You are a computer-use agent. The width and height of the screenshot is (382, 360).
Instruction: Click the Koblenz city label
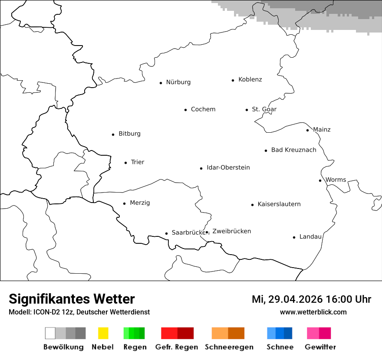click(250, 79)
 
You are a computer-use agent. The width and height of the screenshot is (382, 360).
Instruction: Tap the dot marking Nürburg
click(161, 83)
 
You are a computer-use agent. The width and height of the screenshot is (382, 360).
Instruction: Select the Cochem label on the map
click(203, 109)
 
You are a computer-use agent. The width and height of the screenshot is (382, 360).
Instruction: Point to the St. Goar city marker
click(247, 110)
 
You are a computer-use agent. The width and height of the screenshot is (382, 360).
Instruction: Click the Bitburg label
click(129, 134)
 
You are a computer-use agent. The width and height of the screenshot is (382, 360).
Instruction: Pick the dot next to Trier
click(125, 163)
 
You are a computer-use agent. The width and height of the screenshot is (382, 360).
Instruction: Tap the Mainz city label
click(322, 130)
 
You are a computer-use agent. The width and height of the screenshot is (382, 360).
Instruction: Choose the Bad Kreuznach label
click(293, 150)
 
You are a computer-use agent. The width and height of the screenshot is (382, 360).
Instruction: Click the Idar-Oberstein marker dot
click(201, 168)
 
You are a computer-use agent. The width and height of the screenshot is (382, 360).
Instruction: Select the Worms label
click(336, 180)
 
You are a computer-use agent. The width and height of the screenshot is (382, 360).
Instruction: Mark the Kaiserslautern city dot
click(252, 205)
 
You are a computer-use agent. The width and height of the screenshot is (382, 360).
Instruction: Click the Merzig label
click(140, 203)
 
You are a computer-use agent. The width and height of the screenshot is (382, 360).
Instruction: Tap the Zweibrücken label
click(231, 231)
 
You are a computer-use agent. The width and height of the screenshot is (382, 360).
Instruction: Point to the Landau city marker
click(294, 237)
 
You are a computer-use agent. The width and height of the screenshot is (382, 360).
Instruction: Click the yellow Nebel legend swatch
click(103, 333)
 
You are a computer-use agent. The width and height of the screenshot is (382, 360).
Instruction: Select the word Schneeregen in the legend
click(229, 347)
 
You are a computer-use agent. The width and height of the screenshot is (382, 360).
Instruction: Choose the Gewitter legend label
click(320, 347)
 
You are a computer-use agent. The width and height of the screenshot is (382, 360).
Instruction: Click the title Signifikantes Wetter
click(72, 299)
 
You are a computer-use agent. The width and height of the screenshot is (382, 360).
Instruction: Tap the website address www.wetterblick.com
click(313, 312)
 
